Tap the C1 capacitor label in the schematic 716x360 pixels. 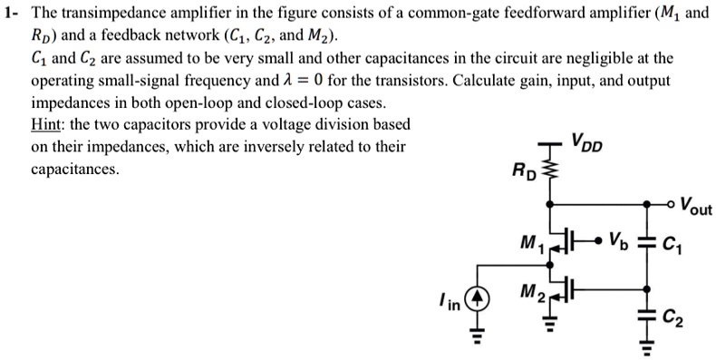point(672,242)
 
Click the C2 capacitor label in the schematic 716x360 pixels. point(672,316)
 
